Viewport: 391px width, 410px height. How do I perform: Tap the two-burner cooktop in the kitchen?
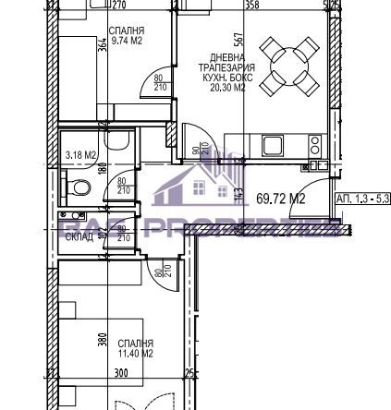point(313,146)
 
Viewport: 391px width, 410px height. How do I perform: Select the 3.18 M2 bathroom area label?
point(82,156)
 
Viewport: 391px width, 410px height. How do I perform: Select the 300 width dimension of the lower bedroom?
point(120,374)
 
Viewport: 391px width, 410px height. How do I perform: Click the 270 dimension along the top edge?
point(119,5)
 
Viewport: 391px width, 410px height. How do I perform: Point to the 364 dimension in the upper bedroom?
point(103,47)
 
